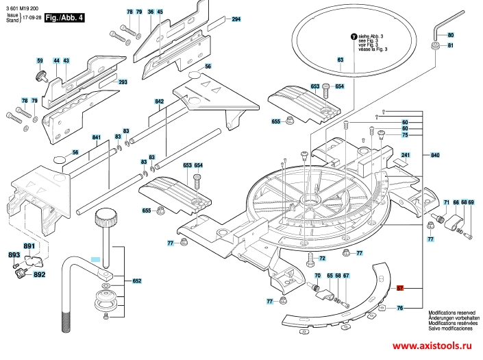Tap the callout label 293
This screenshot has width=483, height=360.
[x=123, y=82]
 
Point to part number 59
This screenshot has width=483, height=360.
[x=40, y=61]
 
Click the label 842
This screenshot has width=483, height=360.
[x=160, y=101]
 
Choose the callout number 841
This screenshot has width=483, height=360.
[x=97, y=138]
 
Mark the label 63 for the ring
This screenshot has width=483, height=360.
[x=340, y=60]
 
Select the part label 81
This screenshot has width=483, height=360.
[x=451, y=46]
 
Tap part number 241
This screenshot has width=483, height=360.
[x=405, y=155]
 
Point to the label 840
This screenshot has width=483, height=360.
[x=435, y=156]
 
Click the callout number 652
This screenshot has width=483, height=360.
[x=136, y=280]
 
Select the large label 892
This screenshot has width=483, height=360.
[x=39, y=274]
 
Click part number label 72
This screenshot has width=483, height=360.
[x=322, y=259]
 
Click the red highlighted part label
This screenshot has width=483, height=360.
[x=401, y=289]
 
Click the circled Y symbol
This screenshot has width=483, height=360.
[x=353, y=36]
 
